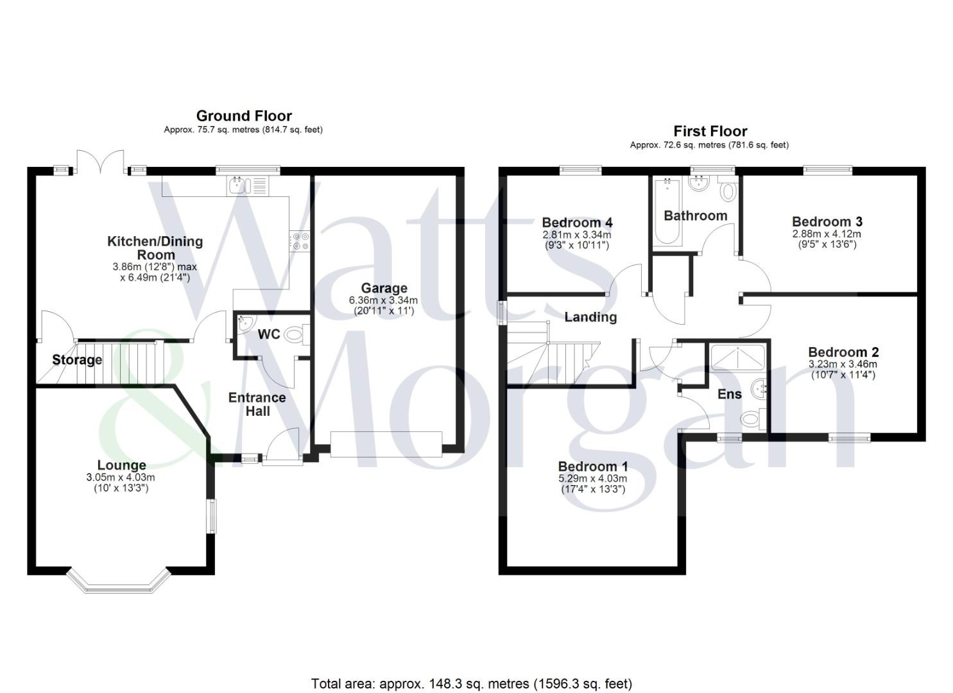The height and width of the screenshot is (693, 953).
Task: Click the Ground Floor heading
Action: pos(244,116)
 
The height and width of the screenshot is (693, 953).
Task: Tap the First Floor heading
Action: pos(710,132)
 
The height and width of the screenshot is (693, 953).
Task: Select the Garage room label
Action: pos(384,288)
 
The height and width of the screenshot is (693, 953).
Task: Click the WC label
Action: pos(269,334)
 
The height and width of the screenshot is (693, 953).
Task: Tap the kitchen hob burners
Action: pos(300,240)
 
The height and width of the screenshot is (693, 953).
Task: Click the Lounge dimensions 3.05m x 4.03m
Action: pos(121,477)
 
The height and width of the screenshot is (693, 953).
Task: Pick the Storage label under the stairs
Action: pos(77,360)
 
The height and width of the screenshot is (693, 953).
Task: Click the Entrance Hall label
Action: pos(257,404)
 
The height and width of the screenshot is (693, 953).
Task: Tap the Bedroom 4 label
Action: pos(577,223)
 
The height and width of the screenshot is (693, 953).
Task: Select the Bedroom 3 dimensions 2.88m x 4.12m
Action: pos(827,234)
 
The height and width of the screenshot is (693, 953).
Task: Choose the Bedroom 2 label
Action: pos(843,352)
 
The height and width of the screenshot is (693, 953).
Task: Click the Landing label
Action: pos(590,317)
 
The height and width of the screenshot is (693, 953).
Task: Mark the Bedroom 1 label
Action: pos(593,466)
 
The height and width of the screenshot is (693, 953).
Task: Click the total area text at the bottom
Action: pos(472,683)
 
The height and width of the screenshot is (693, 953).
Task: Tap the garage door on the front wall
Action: pos(386,443)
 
